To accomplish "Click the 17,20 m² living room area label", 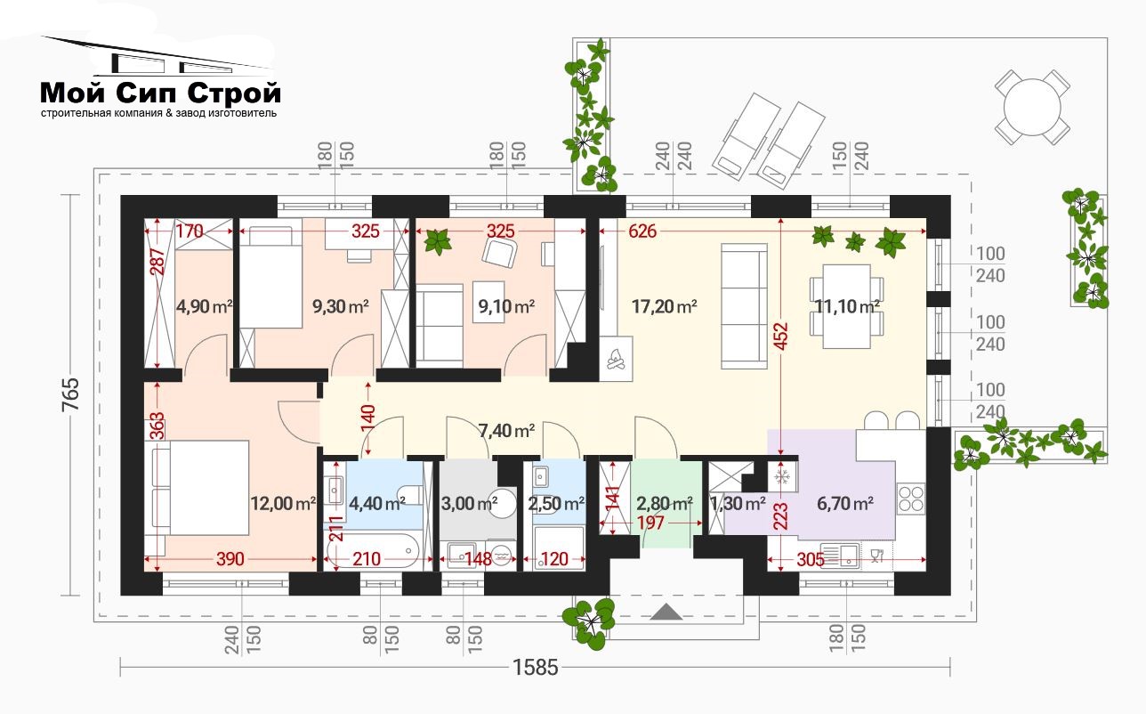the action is [664, 306].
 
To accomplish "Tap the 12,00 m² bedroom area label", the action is [283, 504].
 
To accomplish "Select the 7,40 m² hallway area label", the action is [506, 431].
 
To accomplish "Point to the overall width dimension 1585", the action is [535, 668].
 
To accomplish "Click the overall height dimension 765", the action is [70, 394].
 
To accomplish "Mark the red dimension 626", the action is [642, 231].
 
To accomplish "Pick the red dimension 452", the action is [780, 337].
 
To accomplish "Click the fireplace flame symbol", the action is [616, 358].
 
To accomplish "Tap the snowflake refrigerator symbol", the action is [783, 477].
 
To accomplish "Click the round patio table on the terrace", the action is [1032, 108].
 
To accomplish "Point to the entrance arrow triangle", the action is [666, 612].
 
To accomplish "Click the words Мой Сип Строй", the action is [161, 93].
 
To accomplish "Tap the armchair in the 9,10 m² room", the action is [499, 254].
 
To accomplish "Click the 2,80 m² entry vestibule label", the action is [664, 504].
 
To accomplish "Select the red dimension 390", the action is [230, 559].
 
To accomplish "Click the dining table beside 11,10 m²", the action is [847, 306].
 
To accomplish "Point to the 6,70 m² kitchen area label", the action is [844, 504].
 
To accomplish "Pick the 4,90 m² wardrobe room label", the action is [204, 306].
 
